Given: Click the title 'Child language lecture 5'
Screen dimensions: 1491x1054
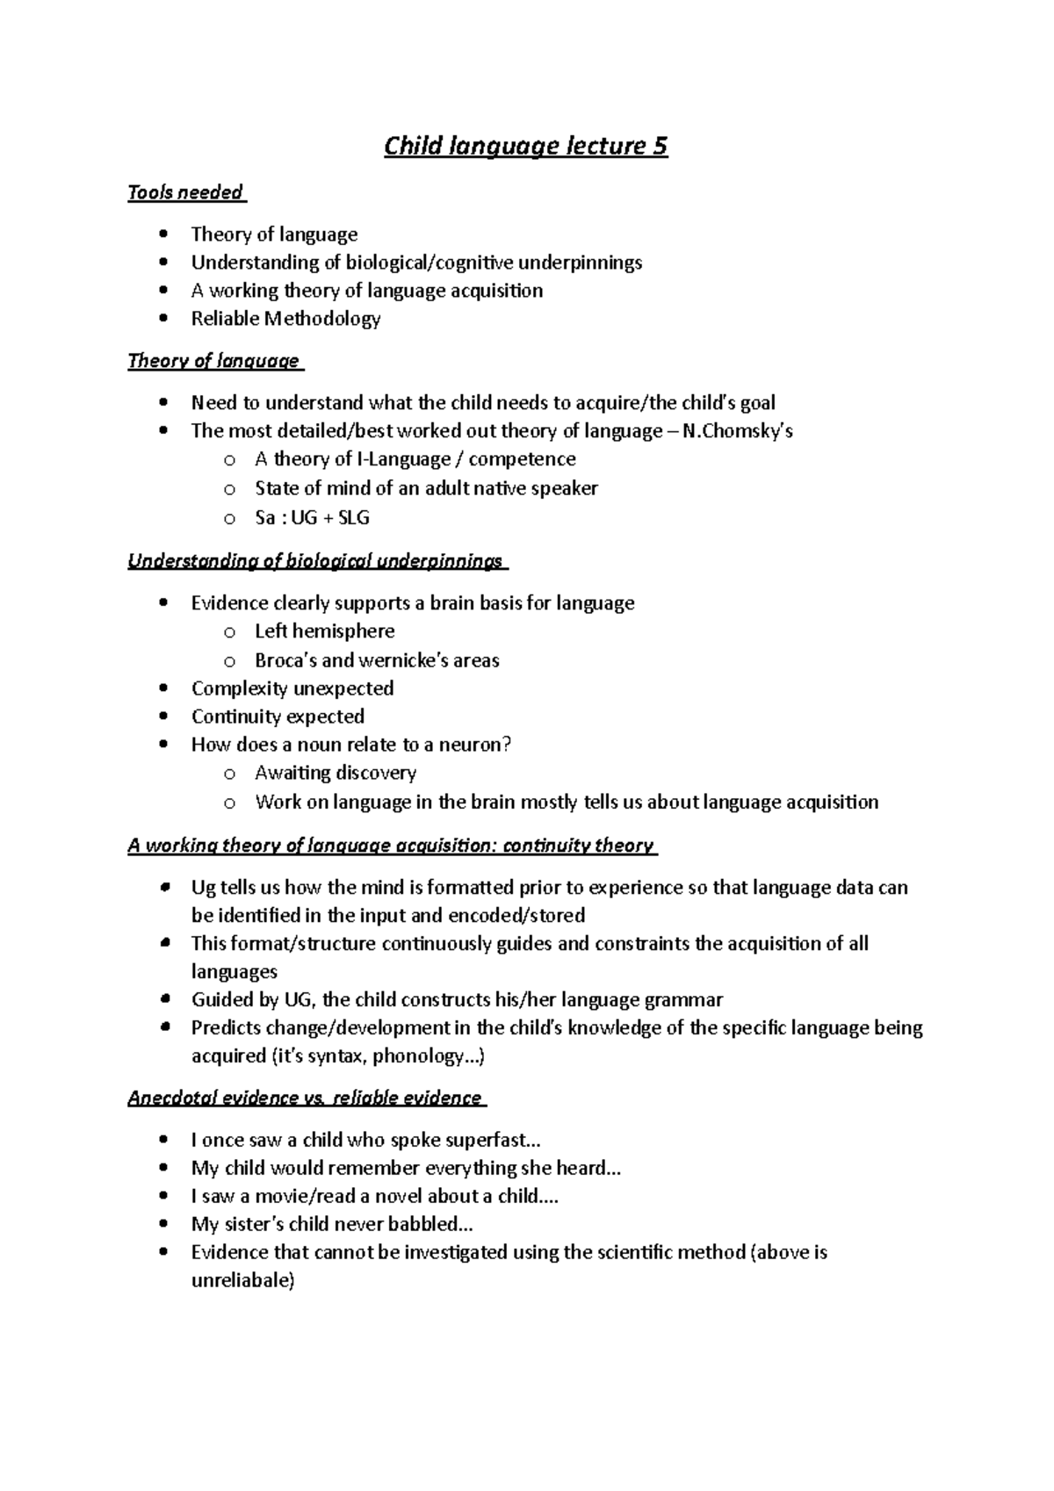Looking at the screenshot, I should [525, 146].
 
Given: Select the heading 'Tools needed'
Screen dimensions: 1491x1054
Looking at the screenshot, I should [185, 192].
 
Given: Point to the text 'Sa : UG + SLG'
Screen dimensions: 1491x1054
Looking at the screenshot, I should [312, 517].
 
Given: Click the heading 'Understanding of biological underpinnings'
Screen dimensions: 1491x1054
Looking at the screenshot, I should [315, 561].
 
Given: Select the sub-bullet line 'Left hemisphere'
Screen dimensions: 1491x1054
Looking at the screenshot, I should [324, 631].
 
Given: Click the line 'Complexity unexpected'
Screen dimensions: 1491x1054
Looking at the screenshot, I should [292, 688].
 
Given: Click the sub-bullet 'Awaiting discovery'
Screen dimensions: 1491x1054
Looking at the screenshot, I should [335, 773].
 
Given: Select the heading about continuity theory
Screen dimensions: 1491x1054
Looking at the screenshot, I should [391, 846].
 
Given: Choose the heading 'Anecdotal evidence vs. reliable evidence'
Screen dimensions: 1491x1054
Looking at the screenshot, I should [305, 1098].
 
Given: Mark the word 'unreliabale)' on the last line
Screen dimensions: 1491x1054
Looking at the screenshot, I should [243, 1281].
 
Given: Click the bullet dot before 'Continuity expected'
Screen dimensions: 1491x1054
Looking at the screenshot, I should [164, 717].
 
